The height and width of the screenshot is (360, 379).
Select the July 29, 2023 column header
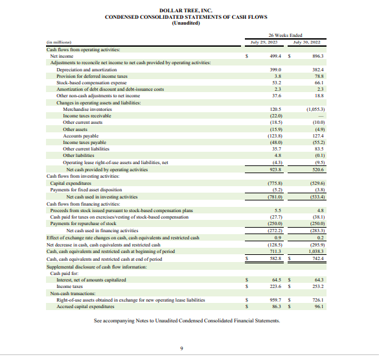coord(263,42)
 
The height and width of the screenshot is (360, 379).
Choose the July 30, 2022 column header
coord(307,42)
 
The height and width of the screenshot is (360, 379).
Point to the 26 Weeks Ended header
coord(285,35)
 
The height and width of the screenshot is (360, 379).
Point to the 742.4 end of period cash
coord(316,259)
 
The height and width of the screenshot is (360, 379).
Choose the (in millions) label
coord(60,42)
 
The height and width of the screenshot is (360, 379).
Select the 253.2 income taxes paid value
coord(316,285)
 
